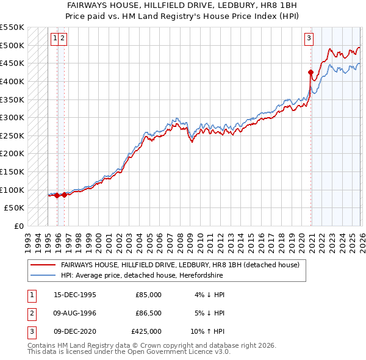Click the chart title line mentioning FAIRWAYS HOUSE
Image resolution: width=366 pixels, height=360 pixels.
tap(184, 5)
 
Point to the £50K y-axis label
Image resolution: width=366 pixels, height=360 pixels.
tap(15, 208)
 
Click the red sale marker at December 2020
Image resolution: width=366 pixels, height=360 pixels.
tap(311, 72)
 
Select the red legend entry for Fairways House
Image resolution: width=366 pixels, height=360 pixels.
tap(180, 265)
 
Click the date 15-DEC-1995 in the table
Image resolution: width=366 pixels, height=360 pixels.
tap(75, 295)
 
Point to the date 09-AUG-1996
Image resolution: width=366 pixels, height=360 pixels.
tap(75, 313)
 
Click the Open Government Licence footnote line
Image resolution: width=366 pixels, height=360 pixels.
tap(129, 352)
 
